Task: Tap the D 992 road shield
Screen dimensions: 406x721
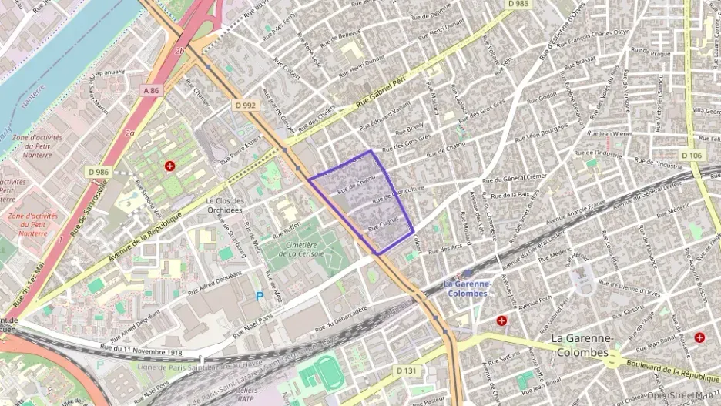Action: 245,105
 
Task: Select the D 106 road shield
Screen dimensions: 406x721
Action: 691,156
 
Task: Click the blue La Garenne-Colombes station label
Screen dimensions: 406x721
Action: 466,289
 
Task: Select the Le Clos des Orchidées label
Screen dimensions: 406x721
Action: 224,205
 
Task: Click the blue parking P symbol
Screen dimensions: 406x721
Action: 259,295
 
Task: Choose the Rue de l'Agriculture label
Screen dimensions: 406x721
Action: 398,194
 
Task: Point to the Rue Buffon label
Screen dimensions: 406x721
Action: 287,229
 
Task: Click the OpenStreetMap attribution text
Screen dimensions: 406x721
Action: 680,395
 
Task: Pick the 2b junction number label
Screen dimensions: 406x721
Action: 179,51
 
